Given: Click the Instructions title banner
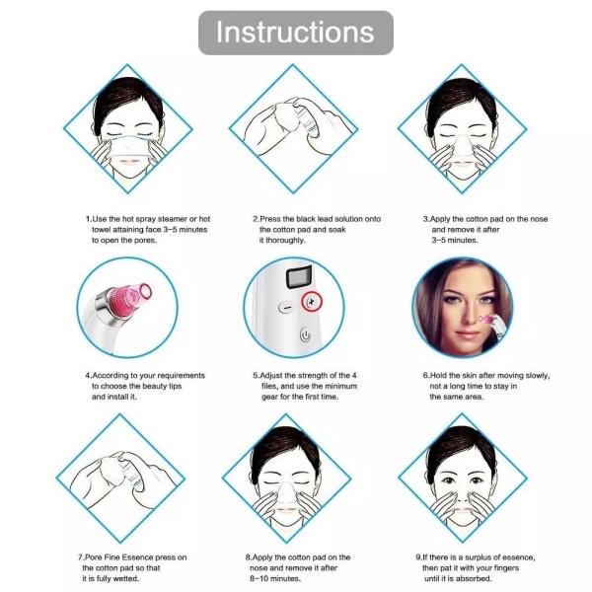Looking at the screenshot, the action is [x=296, y=33].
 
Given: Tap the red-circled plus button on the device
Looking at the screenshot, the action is [x=312, y=302].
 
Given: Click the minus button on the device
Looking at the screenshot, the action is [x=286, y=307].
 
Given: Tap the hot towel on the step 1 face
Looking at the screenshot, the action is [x=128, y=147].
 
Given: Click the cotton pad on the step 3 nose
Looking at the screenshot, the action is [x=462, y=146].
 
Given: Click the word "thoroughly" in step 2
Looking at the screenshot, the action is [x=285, y=240].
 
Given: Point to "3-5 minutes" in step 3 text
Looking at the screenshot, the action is [x=455, y=240].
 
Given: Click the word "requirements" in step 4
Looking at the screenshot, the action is [x=181, y=376].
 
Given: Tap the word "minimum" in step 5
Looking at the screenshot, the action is [x=340, y=386].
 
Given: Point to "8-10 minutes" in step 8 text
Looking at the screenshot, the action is [x=275, y=578].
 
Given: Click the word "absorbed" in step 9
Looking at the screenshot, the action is [x=473, y=578].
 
